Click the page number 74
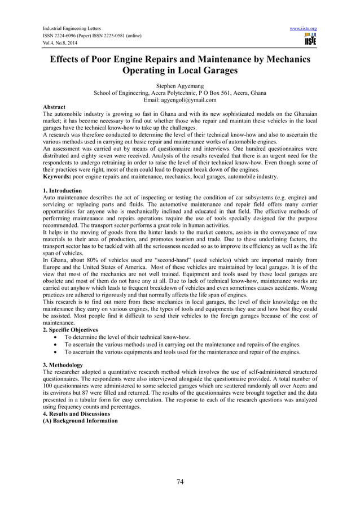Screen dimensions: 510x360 coord(180,482)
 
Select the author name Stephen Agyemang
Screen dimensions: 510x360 coord(180,86)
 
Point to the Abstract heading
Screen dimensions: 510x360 coord(54,107)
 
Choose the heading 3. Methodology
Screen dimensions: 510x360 coord(63,365)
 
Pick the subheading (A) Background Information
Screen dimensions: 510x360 coord(80,421)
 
